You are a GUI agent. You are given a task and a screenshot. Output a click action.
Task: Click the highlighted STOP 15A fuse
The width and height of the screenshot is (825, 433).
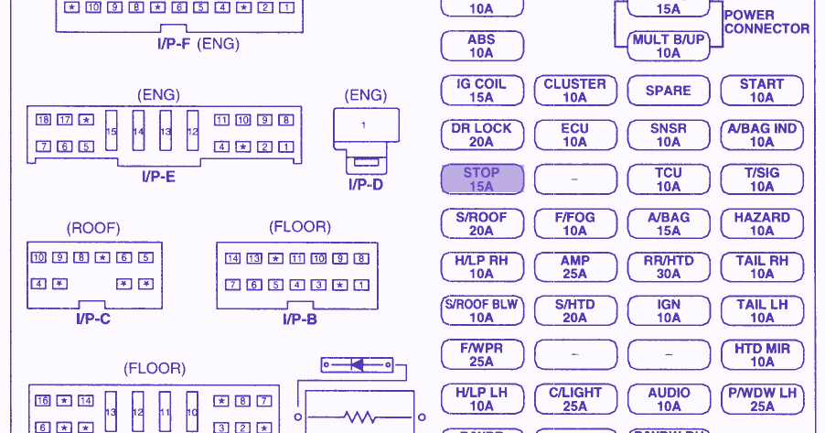pyautogui.click(x=482, y=179)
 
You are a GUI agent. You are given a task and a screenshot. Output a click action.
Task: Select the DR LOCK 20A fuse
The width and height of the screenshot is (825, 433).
pyautogui.click(x=482, y=135)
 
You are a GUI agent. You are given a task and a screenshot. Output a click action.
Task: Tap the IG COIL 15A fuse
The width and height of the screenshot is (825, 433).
pyautogui.click(x=482, y=91)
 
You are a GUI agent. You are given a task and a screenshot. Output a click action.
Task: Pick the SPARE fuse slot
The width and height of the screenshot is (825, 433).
pyautogui.click(x=668, y=91)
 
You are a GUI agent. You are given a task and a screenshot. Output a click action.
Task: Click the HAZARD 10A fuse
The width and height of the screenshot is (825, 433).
pyautogui.click(x=762, y=224)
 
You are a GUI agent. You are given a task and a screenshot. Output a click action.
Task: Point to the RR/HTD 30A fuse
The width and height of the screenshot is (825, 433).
pyautogui.click(x=669, y=267)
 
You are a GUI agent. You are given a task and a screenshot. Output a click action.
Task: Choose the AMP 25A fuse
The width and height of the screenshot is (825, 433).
pyautogui.click(x=574, y=267)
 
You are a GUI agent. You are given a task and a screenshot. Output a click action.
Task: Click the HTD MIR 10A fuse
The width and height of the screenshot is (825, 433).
pyautogui.click(x=762, y=355)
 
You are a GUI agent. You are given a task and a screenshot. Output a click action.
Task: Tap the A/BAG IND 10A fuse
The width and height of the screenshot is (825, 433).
pyautogui.click(x=762, y=135)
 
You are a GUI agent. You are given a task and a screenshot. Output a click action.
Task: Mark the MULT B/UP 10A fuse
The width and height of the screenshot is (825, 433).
pyautogui.click(x=669, y=47)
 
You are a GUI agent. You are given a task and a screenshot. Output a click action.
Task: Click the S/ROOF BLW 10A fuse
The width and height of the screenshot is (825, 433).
pyautogui.click(x=482, y=311)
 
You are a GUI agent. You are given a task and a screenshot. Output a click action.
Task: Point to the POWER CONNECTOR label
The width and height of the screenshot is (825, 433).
pyautogui.click(x=766, y=22)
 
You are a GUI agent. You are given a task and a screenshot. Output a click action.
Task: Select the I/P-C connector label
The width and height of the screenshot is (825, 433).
pyautogui.click(x=93, y=319)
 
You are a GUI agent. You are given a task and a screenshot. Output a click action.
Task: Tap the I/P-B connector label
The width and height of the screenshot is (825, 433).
pyautogui.click(x=299, y=319)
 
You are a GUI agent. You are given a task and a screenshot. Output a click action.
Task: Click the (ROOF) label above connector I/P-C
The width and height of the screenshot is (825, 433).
pyautogui.click(x=93, y=228)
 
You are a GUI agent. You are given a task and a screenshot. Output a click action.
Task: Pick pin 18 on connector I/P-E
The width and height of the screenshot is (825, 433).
pyautogui.click(x=43, y=120)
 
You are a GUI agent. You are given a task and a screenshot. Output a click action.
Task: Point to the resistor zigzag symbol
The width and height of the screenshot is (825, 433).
pyautogui.click(x=358, y=417)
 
